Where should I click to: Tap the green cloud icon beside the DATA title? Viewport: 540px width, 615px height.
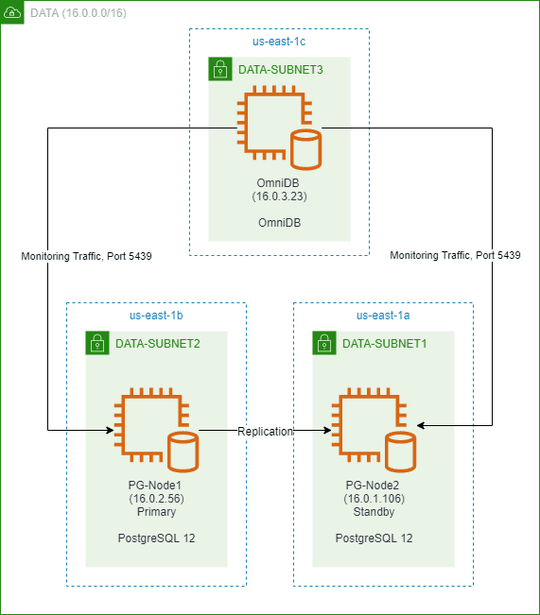[x=12, y=13]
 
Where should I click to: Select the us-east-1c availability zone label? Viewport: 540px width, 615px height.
[x=279, y=43]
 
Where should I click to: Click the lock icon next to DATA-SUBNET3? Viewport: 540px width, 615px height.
[x=219, y=69]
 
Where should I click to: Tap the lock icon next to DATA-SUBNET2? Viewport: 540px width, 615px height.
[x=96, y=343]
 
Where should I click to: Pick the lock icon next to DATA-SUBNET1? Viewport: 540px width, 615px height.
[x=323, y=343]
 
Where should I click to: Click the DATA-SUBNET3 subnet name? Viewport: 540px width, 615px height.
[x=277, y=69]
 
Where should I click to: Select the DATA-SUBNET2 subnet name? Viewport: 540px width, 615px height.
[x=157, y=343]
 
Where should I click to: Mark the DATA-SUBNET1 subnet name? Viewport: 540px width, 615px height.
[x=385, y=343]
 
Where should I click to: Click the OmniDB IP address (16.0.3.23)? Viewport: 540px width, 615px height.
[x=280, y=196]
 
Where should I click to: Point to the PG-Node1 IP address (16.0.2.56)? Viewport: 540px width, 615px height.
[x=157, y=499]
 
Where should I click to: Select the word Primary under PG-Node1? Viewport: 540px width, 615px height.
[x=157, y=512]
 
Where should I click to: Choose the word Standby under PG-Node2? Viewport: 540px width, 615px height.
[x=374, y=512]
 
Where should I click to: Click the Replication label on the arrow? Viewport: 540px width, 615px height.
[x=266, y=431]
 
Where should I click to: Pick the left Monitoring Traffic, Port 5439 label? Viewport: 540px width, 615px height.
[x=86, y=255]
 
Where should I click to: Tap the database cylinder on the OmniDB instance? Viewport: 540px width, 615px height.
[x=305, y=148]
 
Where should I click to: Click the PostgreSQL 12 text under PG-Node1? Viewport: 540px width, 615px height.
[x=157, y=538]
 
